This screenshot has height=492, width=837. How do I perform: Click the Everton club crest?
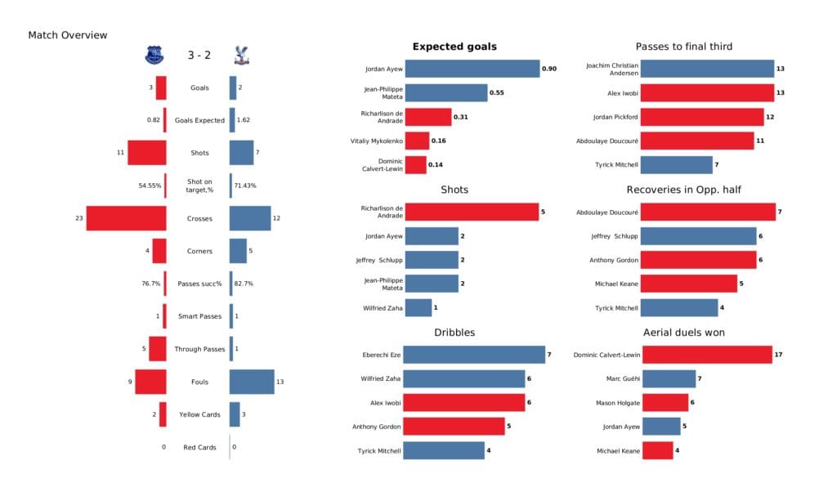pos(154,55)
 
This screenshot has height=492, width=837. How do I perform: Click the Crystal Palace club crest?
pos(241,55)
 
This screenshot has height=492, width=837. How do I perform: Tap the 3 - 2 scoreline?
pos(199,56)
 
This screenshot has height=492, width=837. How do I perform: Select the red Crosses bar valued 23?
pos(126,218)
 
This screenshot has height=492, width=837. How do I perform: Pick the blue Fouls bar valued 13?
pos(252,382)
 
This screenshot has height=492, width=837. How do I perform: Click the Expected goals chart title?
pos(454,47)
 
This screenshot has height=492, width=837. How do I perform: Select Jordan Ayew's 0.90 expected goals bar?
pos(472,69)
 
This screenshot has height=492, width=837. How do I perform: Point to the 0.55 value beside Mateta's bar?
pos(496,93)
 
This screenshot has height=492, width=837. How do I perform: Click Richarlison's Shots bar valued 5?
pos(472,212)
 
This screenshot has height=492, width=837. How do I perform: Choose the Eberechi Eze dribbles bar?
pos(474,355)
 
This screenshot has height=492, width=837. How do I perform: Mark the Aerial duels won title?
pos(683,333)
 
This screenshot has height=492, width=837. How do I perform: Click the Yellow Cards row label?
pos(199,414)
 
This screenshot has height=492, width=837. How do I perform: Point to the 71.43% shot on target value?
pos(245,186)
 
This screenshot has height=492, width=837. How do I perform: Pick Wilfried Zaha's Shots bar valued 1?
pos(418,308)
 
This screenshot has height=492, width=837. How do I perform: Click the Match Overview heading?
pos(68,35)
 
